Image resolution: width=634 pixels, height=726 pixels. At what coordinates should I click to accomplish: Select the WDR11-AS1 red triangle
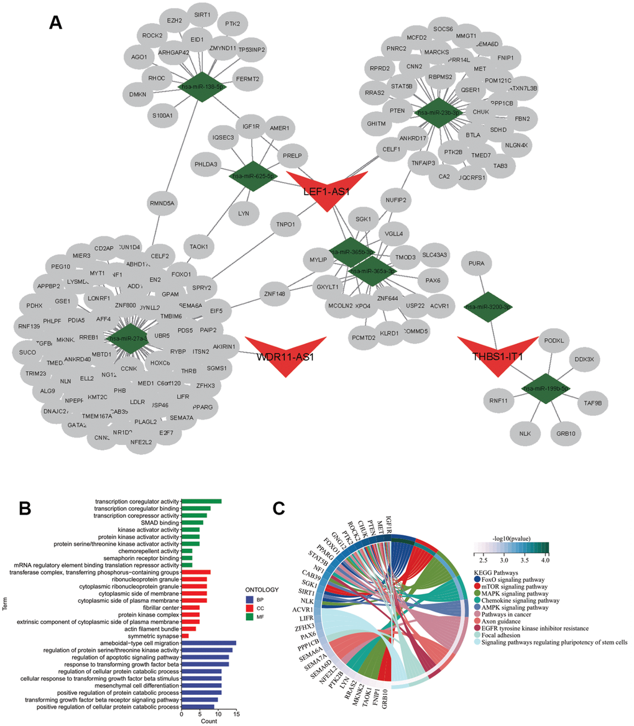tap(285, 351)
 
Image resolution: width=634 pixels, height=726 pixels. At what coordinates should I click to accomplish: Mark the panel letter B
tap(25, 509)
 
